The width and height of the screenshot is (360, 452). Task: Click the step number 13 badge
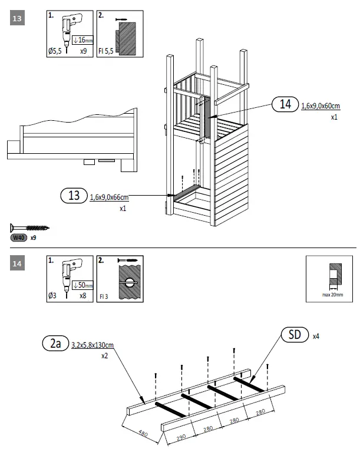pos(18,19)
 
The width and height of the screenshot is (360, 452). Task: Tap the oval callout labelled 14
pos(286,105)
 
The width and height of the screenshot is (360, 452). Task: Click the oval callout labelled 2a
pos(55,344)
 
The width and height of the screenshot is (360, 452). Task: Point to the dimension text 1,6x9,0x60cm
pos(321,106)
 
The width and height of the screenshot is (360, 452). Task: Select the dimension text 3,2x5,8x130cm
pos(92,345)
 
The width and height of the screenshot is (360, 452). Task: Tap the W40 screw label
pos(20,238)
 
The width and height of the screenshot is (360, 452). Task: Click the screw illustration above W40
pos(30,227)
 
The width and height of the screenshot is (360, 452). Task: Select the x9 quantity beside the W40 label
pos(34,238)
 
